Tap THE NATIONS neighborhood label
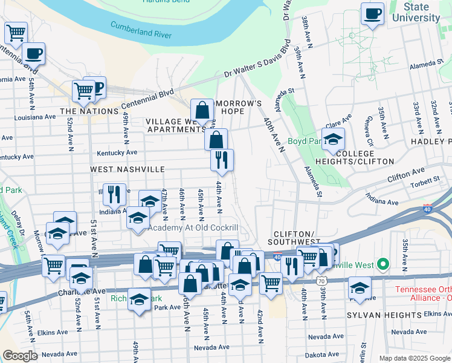click(x=88, y=111)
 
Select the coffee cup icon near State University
click(x=372, y=13)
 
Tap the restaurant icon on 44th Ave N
click(x=222, y=159)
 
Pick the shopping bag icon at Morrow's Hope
click(x=202, y=110)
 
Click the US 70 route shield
click(x=320, y=281)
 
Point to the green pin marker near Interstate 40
click(x=382, y=264)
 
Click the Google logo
click(x=20, y=356)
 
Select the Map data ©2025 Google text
click(x=415, y=358)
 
